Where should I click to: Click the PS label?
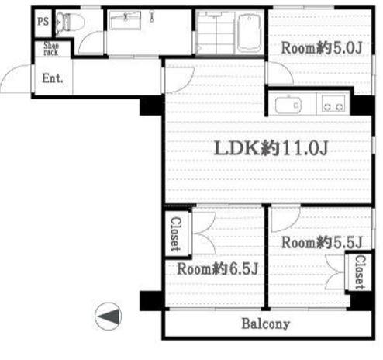click(43, 21)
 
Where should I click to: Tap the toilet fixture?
click(71, 23)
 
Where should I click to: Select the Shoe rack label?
click(51, 49)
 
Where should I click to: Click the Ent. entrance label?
click(53, 78)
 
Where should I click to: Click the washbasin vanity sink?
click(126, 19)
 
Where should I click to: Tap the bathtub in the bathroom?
click(250, 33)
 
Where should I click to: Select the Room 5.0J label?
click(322, 48)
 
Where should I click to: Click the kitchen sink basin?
click(288, 106)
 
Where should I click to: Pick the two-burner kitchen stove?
click(333, 103)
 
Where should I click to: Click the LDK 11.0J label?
click(271, 148)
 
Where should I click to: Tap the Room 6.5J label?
click(217, 269)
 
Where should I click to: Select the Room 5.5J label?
click(322, 243)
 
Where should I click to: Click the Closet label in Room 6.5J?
click(176, 234)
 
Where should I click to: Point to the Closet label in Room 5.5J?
click(360, 272)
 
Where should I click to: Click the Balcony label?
click(266, 324)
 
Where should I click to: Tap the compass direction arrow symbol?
click(109, 316)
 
